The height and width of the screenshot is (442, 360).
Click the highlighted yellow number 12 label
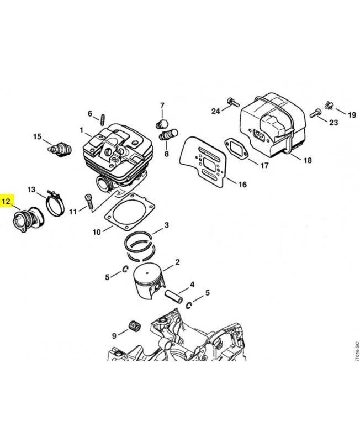point(7,202)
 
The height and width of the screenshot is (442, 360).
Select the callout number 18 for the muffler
point(308,160)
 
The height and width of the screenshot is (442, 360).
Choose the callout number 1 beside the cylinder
point(81,131)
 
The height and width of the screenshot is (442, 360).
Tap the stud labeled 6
point(103,118)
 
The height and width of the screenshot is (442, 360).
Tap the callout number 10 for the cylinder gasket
point(97,233)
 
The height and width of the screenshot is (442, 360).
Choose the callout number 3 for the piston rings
point(166,225)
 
